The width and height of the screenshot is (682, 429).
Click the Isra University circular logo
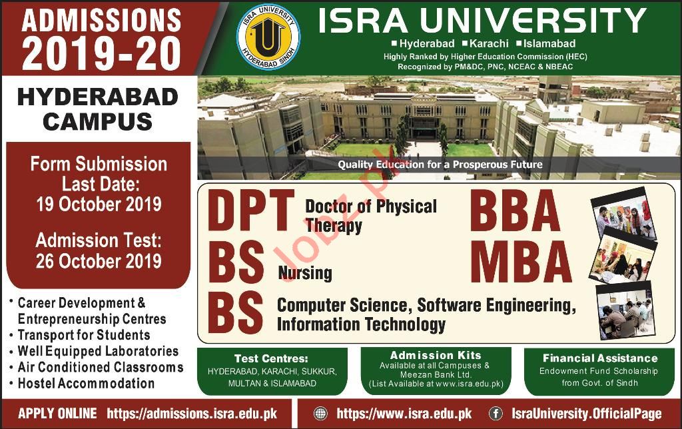click(268, 37)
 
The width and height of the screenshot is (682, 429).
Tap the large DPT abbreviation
click(250, 211)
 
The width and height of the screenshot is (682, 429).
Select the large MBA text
click(521, 262)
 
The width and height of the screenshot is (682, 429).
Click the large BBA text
click(515, 211)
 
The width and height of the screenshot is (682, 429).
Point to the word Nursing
click(305, 273)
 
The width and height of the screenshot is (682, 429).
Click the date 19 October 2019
click(99, 204)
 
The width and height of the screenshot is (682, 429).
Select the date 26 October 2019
click(99, 261)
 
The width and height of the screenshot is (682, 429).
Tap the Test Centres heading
click(271, 358)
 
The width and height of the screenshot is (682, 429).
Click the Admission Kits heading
click(436, 355)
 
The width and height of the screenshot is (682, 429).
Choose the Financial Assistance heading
click(600, 358)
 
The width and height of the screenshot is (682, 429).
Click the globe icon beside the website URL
click(320, 413)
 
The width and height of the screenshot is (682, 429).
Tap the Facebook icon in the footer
click(496, 413)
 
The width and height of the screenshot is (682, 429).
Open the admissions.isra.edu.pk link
click(192, 413)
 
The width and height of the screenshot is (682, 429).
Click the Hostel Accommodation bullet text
click(86, 383)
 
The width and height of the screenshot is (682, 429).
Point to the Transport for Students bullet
click(84, 335)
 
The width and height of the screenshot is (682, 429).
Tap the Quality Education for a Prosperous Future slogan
click(440, 165)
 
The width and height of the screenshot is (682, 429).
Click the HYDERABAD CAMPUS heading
click(98, 109)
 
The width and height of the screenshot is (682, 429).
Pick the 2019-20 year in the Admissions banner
click(101, 53)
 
